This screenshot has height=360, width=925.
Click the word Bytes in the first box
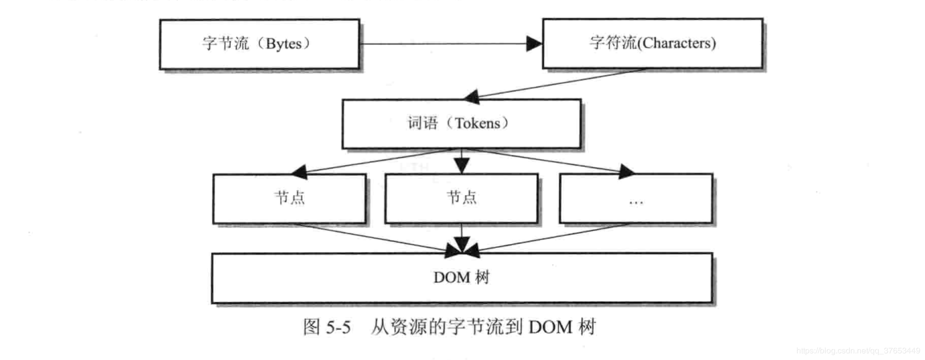(283, 44)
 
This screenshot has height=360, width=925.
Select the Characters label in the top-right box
(678, 43)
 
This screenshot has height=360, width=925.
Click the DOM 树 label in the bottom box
(461, 278)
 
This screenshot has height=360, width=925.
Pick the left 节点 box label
(290, 197)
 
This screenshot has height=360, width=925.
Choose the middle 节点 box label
(461, 197)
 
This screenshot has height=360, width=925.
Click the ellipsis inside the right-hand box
(636, 202)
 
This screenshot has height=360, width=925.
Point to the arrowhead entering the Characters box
(534, 44)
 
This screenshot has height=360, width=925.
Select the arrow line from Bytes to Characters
(442, 44)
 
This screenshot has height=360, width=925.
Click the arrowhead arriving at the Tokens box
(472, 96)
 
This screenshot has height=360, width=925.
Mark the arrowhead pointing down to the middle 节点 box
(461, 166)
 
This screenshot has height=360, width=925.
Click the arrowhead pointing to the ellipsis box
(626, 172)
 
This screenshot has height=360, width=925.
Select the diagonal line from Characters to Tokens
(559, 83)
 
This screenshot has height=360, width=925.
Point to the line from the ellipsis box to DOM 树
(554, 237)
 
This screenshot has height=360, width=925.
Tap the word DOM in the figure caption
(550, 327)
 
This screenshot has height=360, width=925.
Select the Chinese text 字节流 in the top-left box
(225, 44)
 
